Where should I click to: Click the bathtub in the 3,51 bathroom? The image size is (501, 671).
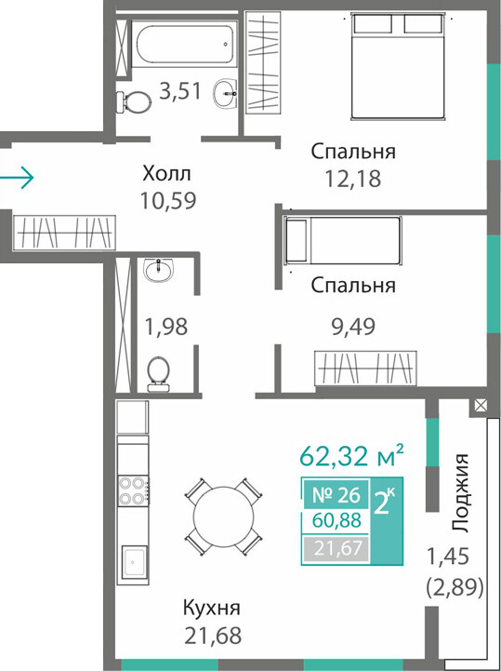tap(184, 43)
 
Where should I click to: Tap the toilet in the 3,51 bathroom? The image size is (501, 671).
tap(134, 101)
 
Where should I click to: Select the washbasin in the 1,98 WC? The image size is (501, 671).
tap(159, 271)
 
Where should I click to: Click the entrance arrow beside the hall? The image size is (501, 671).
tap(17, 176)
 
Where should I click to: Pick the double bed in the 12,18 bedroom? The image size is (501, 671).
tap(398, 65)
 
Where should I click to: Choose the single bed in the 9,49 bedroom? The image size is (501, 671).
tap(343, 240)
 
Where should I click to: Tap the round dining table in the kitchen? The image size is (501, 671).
tap(223, 517)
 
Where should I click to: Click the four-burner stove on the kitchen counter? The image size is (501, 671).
tap(133, 490)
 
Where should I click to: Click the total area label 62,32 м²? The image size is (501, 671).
tap(351, 455)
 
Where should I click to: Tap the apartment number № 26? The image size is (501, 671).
tap(336, 495)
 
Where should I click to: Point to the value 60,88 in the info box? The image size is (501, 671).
tap(336, 520)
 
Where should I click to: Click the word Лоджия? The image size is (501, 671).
tap(460, 492)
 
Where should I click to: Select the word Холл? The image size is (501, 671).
tap(166, 174)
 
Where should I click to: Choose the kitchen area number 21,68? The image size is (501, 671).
tap(213, 636)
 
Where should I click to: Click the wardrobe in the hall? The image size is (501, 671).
tap(64, 233)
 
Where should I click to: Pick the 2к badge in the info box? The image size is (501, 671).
tap(385, 503)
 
